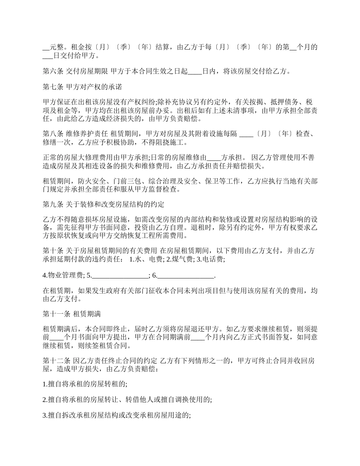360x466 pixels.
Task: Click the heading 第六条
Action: point(53,71)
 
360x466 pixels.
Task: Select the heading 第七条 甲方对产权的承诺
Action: point(82,87)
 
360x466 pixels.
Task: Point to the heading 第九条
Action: point(53,205)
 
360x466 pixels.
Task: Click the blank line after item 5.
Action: point(120,275)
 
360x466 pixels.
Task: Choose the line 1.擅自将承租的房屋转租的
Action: point(85,384)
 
